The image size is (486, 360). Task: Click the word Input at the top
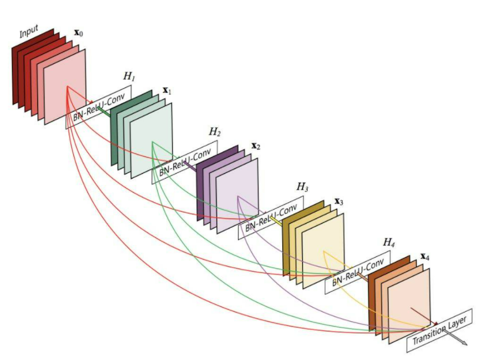coord(29,32)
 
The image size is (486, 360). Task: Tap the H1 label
coord(129,78)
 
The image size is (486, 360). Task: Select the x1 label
coord(166,92)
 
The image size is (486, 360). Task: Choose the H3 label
coord(303,187)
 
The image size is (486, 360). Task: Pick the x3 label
coord(339,201)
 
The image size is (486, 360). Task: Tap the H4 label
coord(389,242)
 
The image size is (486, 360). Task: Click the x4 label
coord(425,257)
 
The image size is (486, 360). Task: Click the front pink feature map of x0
coord(65,88)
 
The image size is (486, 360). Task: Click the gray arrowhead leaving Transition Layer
coord(464,342)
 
